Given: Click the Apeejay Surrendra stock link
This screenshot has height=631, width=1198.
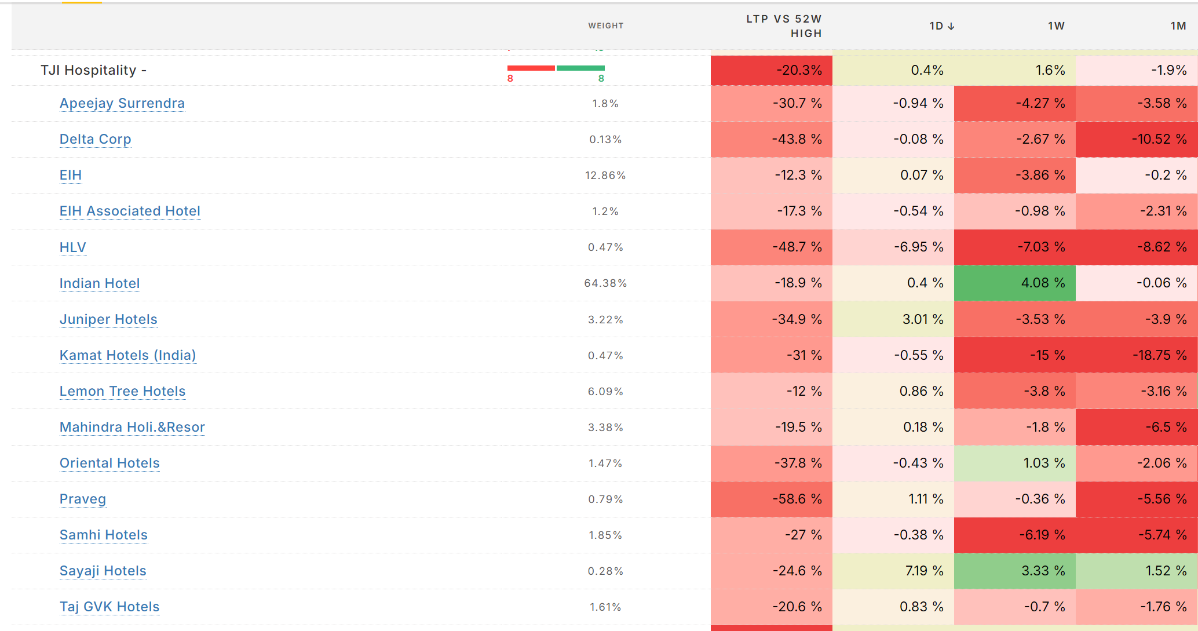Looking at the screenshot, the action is [x=122, y=103].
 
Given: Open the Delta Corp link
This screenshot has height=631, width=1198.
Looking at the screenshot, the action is [x=96, y=139].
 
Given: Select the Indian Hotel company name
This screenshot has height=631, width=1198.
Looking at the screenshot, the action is [x=100, y=283].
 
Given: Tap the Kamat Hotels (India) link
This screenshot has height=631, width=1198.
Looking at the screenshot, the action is [x=128, y=355].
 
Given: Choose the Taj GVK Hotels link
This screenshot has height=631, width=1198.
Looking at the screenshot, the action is [x=109, y=607].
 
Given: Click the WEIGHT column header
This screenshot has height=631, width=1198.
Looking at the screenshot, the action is [x=606, y=25].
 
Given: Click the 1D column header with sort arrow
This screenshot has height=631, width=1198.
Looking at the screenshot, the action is [x=942, y=26].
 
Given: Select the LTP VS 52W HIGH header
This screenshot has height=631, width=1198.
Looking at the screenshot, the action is [x=784, y=26].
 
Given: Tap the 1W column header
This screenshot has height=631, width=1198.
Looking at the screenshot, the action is [x=1056, y=26].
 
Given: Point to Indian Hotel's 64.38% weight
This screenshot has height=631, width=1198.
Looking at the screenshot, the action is [x=605, y=283].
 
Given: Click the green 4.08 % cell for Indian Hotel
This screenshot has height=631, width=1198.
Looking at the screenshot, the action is [x=1015, y=283].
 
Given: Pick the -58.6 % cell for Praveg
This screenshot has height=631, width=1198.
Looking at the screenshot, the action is [x=772, y=499].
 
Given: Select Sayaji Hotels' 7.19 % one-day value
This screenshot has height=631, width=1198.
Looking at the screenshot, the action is [x=893, y=571].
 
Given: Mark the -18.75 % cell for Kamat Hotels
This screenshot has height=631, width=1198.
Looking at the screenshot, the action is [x=1137, y=355].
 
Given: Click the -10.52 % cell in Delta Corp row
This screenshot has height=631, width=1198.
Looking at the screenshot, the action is [x=1137, y=139].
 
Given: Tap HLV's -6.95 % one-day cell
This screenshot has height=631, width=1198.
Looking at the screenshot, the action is [x=893, y=247].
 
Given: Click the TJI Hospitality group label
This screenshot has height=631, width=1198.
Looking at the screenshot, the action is [x=93, y=70].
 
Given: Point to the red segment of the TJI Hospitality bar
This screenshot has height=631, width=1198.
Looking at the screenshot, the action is [x=531, y=68].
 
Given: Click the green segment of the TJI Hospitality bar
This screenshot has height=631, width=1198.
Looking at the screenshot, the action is [x=580, y=68].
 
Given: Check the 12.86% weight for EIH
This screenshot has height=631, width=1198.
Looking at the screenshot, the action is [x=605, y=175].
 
